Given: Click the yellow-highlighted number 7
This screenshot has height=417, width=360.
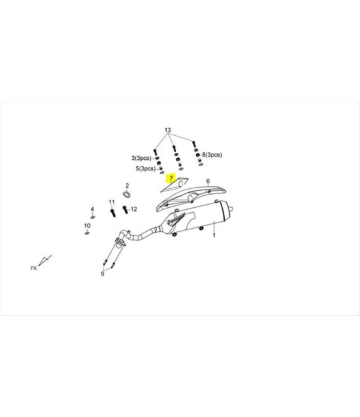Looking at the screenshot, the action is coord(171,178).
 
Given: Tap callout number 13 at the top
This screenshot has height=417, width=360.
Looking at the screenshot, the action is coord(168,130).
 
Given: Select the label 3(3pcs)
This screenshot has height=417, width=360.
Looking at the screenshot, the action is coord(141,158).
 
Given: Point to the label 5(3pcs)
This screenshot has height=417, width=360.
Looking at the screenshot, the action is coord(146,169).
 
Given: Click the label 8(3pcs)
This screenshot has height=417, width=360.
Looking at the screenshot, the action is coord(212,155).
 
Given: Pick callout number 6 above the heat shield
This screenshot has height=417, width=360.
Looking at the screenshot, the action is coord(208,181).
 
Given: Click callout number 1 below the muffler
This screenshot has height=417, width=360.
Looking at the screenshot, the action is coord(213,235).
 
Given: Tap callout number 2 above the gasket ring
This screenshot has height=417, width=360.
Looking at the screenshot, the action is coord(127,186).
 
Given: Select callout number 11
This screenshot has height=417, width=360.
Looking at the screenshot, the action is coord(112,202).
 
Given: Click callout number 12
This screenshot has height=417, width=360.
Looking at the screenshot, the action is coord(134,209).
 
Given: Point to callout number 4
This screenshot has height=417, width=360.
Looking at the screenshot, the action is coord(92,209).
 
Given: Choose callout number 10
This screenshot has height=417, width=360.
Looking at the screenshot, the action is coord(87,226).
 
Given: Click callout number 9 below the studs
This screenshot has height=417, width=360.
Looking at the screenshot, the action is coord(102,274).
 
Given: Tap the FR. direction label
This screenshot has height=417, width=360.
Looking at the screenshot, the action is coord(34,269).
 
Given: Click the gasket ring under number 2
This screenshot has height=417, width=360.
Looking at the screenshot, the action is coord(127,194).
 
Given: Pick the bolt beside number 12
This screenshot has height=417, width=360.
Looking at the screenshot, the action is coord(125,210).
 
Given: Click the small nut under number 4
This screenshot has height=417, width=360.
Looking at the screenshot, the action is coord(92,217).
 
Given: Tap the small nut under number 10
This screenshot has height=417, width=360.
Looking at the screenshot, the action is coord(87,233).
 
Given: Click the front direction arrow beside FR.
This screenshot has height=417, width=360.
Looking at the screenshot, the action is coord(45,260).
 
